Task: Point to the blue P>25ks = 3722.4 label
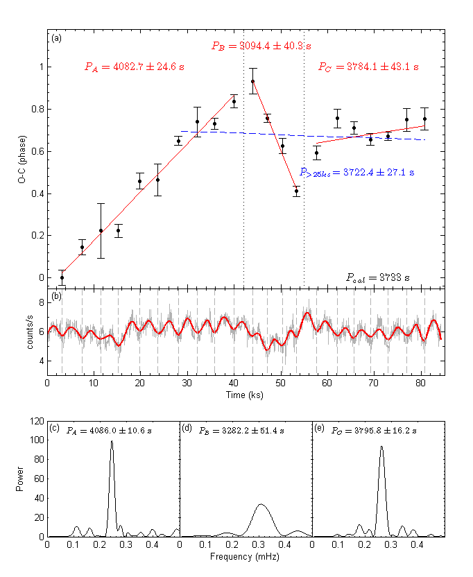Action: [356, 172]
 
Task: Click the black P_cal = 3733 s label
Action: [378, 277]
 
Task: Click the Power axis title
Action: [21, 478]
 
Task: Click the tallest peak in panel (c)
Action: [112, 442]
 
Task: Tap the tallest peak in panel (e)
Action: [381, 447]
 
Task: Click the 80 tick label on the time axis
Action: [420, 383]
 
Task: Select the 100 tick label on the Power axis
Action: [36, 440]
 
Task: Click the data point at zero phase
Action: [62, 277]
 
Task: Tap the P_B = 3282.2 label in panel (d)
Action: [241, 430]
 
